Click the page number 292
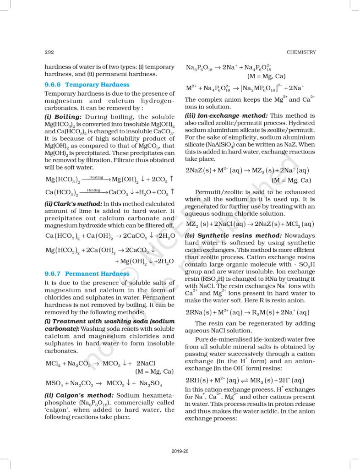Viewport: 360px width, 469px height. tap(49, 52)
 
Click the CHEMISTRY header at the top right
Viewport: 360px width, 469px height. tap(301, 52)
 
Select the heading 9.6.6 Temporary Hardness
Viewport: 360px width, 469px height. tap(87, 85)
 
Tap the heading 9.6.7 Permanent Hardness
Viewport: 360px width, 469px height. tap(87, 273)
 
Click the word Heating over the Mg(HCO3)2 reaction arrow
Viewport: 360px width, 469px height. tap(96, 176)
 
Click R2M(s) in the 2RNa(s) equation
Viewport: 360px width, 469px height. tap(262, 312)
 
